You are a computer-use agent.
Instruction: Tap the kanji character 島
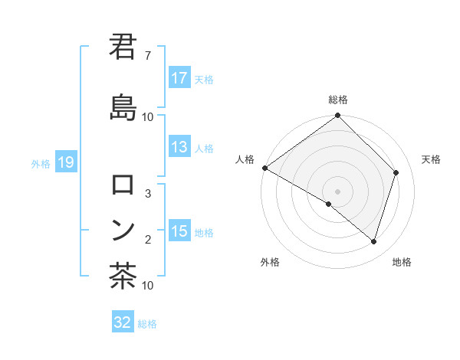(123, 106)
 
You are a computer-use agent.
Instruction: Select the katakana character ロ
(123, 185)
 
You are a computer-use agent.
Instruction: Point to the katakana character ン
(123, 228)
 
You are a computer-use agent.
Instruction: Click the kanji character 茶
(123, 276)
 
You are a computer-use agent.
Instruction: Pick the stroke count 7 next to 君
(147, 56)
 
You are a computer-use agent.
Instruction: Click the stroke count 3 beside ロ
(148, 194)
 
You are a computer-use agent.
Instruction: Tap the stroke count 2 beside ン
(148, 240)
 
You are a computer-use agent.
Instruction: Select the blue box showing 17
(179, 78)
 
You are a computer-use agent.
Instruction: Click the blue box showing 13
(179, 148)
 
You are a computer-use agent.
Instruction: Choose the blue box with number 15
(179, 232)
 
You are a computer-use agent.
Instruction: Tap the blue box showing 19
(65, 162)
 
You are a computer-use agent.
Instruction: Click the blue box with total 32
(123, 322)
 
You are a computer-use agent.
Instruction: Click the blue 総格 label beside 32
(147, 324)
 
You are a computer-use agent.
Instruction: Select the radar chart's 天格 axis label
(431, 159)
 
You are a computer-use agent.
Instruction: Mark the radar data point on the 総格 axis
(337, 116)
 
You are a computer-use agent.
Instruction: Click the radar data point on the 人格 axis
(264, 168)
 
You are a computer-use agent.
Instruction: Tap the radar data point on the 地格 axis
(373, 241)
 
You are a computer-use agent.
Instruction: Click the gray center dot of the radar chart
(337, 191)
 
